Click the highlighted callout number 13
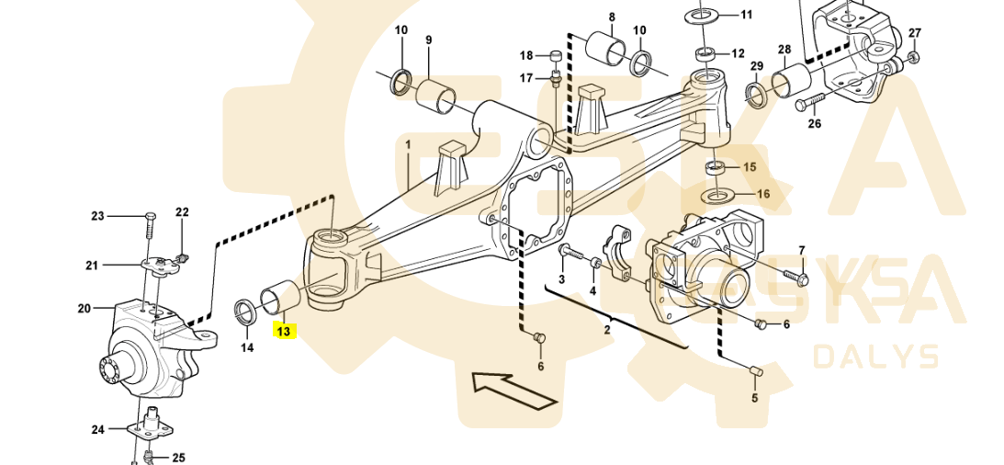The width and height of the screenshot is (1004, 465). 284,331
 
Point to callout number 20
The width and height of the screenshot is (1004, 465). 85,309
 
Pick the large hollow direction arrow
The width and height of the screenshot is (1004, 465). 513,390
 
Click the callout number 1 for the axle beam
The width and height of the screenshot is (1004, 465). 409,146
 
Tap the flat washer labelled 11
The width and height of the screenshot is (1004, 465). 703,14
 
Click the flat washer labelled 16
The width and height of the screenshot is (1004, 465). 717,195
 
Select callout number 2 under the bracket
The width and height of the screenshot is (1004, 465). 607,331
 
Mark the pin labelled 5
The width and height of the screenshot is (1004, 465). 754,370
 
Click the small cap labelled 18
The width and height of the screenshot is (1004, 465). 556,55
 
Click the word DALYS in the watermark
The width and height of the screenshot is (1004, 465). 875,357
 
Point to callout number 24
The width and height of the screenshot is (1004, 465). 97,430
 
